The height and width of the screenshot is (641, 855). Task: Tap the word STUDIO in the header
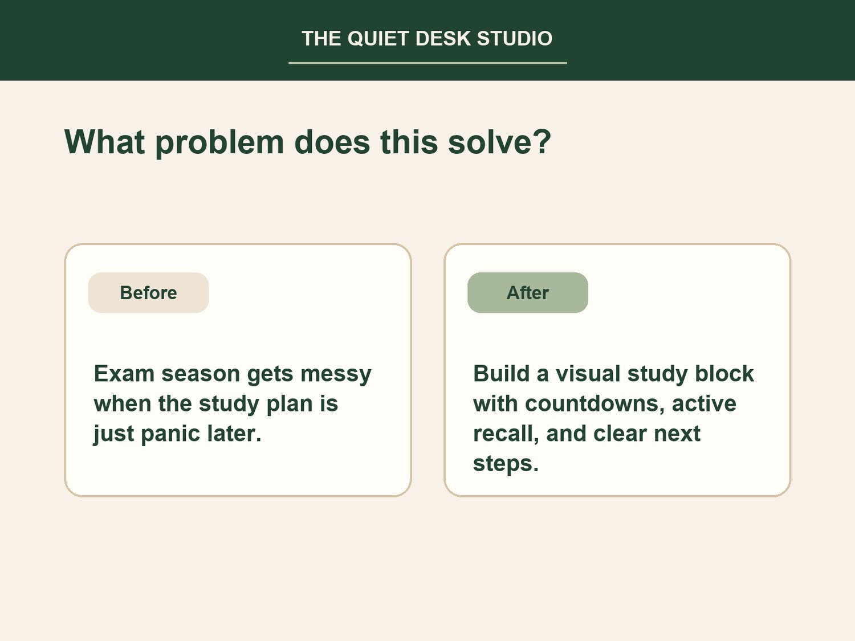point(515,39)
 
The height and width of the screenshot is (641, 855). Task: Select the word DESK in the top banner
point(443,39)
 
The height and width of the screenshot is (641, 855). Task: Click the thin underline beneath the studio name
point(427,63)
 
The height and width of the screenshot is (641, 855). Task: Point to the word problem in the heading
point(219,142)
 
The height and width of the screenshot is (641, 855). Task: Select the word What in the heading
point(104,141)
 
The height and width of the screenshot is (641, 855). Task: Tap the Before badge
point(148,293)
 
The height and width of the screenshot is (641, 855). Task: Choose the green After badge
point(528,293)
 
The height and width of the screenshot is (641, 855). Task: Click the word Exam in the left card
point(124,374)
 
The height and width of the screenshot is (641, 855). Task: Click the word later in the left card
point(234,434)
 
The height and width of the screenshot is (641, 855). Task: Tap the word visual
point(588,374)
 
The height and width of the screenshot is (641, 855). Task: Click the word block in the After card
point(724,374)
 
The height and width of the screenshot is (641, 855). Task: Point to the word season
point(201,374)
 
